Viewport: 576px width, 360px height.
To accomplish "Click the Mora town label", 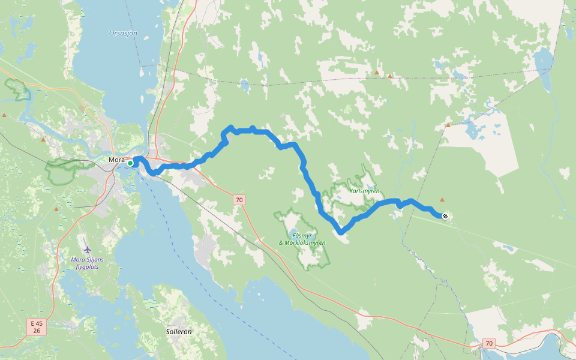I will [x=116, y=160].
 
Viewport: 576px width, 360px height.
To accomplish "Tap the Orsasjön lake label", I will [x=123, y=33].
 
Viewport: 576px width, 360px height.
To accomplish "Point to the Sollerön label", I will [x=179, y=331].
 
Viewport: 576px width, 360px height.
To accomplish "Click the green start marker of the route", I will [x=130, y=163].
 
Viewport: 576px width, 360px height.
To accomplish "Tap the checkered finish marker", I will [x=445, y=216].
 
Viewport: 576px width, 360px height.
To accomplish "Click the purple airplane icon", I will [x=88, y=248].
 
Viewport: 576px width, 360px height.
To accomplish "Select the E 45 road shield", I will [x=37, y=323].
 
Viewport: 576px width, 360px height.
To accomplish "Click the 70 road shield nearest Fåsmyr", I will [x=239, y=200].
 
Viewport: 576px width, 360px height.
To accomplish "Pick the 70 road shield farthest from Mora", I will [x=489, y=344].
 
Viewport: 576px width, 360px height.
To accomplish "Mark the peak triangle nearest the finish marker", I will [x=442, y=199].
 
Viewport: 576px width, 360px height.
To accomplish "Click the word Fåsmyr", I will [x=302, y=235].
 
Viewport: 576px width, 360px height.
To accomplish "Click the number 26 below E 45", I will [x=37, y=331].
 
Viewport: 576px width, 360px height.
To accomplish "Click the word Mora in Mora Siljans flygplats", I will [x=77, y=259].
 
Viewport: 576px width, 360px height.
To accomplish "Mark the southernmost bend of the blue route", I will [x=340, y=232].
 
